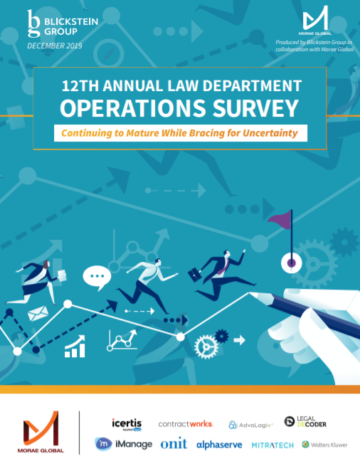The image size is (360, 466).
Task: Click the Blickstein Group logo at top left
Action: (x=53, y=23)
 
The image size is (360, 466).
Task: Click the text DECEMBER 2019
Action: (x=55, y=46)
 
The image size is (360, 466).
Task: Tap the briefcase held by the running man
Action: (x=194, y=273)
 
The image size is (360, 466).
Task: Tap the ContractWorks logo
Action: (x=186, y=424)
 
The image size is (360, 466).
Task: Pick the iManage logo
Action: (x=124, y=444)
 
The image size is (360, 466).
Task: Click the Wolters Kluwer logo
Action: (x=324, y=445)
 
